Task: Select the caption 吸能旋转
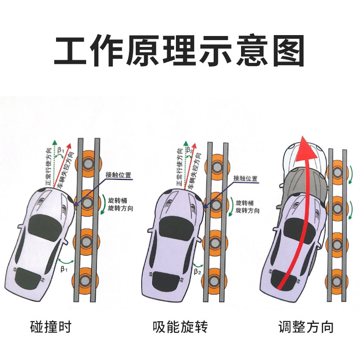coord(180,326)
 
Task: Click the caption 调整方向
coord(306,326)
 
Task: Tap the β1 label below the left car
coord(63,269)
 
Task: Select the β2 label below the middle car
coord(197,272)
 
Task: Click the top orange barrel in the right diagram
coord(338,172)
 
